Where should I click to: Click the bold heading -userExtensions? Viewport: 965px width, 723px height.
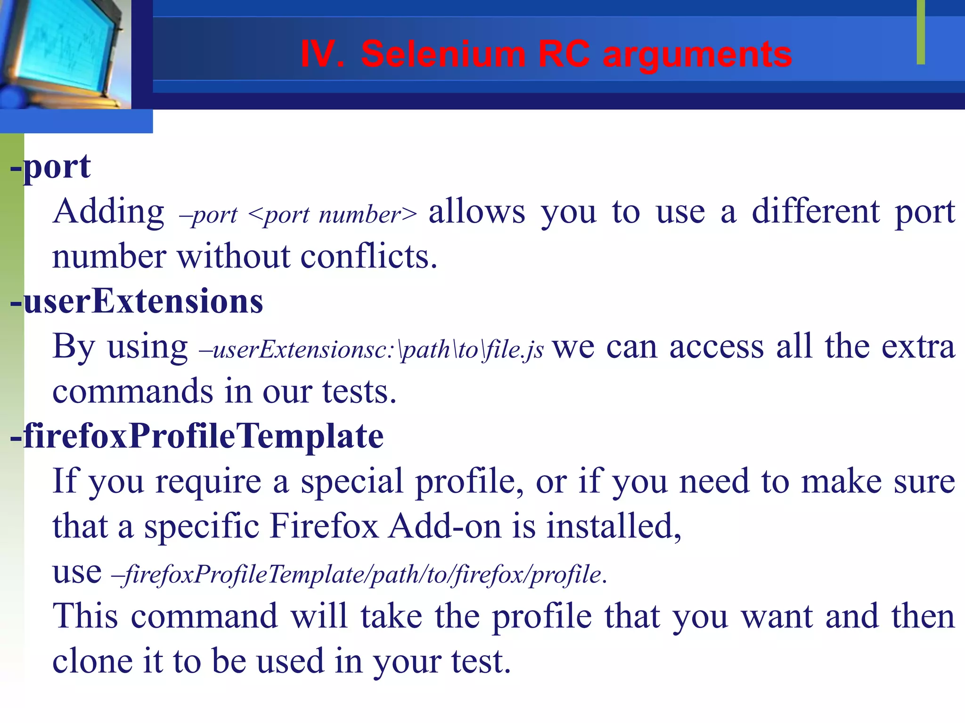click(x=137, y=301)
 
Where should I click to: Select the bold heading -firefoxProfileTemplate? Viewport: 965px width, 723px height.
click(x=197, y=436)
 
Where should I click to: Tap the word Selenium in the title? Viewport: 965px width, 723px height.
click(x=443, y=54)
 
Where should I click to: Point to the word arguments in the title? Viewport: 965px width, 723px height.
click(x=697, y=55)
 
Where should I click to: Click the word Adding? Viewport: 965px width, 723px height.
click(x=108, y=212)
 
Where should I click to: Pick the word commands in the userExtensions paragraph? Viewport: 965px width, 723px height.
click(x=132, y=392)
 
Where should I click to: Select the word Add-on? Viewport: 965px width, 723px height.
click(x=445, y=526)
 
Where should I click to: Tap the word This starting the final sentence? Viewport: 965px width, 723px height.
click(x=85, y=616)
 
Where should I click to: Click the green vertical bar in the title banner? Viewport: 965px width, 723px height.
click(x=921, y=32)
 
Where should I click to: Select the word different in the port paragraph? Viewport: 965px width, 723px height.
click(x=815, y=212)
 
